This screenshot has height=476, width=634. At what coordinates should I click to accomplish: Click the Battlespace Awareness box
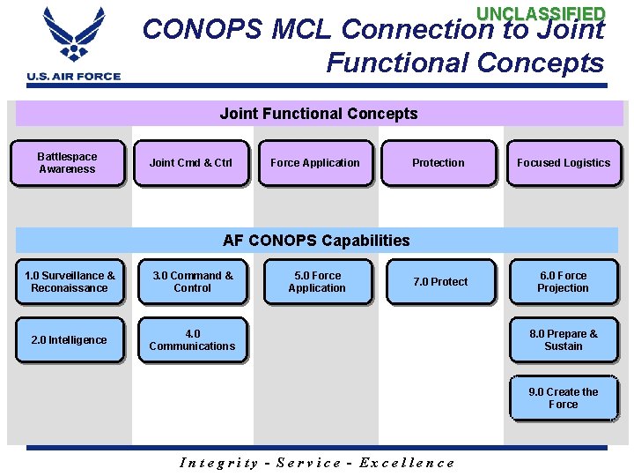coord(67,163)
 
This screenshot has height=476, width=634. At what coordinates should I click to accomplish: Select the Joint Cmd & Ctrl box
coord(191,163)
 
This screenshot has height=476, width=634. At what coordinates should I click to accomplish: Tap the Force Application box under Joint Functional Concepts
coord(315,163)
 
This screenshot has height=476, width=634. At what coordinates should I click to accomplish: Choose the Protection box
coord(438,163)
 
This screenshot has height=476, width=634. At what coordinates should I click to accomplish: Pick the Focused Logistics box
coord(564,163)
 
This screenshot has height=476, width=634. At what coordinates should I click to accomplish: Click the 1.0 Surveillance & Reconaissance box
coord(69,282)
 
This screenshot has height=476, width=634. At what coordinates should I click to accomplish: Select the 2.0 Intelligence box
coord(69,340)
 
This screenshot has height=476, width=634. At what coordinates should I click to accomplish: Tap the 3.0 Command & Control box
coord(192,282)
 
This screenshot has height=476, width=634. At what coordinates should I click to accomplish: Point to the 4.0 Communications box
coord(192,340)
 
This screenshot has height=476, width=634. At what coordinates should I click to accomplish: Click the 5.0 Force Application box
coord(317,282)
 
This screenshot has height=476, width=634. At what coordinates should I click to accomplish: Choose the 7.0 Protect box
coord(440,282)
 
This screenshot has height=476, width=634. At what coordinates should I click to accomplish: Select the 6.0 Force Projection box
coord(564,282)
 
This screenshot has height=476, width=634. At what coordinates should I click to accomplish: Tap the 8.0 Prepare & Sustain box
coord(564,340)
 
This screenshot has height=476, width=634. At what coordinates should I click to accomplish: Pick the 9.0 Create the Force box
coord(564,398)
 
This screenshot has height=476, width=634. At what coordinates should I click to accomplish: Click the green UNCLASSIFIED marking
coord(541,14)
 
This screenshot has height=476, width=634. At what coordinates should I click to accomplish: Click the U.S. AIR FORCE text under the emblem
coord(74,77)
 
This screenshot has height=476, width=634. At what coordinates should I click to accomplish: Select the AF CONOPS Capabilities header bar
coord(317,241)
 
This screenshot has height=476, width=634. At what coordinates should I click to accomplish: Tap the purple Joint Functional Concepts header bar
coord(319,114)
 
